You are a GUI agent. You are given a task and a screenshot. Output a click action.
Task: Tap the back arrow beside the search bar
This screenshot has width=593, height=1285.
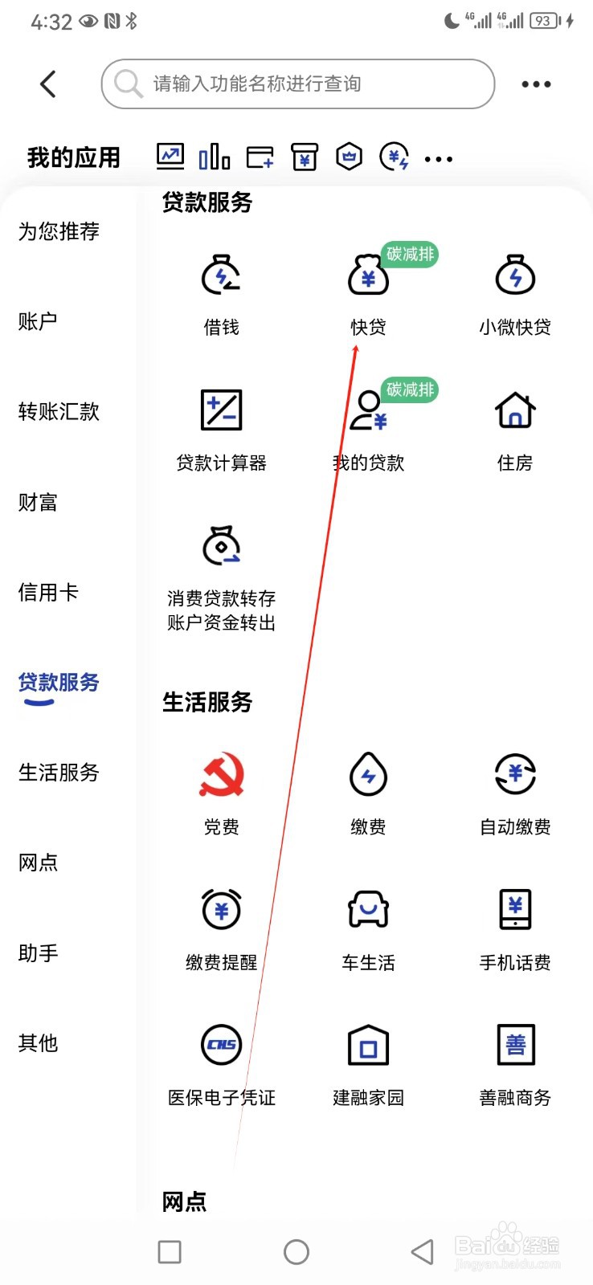(x=48, y=84)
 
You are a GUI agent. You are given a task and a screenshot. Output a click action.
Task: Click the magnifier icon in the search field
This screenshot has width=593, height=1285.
(x=128, y=83)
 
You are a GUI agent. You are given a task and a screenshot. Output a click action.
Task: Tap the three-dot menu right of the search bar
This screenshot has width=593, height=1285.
(x=536, y=84)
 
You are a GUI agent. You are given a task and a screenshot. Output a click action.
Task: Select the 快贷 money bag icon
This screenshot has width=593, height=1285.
(x=368, y=275)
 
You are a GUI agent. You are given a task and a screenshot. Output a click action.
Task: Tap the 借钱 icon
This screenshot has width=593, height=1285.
(x=221, y=275)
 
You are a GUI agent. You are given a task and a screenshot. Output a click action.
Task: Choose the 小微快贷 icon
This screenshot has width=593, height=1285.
(x=515, y=275)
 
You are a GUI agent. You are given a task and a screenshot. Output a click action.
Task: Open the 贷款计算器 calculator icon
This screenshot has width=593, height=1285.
(x=221, y=410)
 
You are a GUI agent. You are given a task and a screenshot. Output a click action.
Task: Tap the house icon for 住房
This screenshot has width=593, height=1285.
(x=515, y=410)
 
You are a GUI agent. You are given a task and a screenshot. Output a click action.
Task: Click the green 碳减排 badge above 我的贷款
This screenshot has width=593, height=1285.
(x=410, y=390)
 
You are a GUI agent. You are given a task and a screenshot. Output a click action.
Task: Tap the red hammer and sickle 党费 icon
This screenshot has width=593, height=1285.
(x=221, y=774)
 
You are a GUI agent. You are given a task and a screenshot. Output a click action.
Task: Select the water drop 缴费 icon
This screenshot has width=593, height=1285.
(x=368, y=774)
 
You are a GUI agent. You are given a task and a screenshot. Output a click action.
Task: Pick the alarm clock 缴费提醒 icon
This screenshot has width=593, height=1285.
(x=221, y=909)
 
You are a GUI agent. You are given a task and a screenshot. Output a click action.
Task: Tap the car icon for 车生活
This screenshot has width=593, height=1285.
(x=368, y=909)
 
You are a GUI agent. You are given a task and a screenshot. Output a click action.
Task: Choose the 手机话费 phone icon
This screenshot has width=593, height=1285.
(x=515, y=909)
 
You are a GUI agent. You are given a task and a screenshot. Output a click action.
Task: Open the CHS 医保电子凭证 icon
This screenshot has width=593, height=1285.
(x=221, y=1045)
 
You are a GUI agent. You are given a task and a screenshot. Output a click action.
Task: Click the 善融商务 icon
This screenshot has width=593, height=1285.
(x=515, y=1045)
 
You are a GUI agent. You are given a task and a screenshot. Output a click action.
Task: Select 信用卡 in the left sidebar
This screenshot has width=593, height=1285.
(x=48, y=593)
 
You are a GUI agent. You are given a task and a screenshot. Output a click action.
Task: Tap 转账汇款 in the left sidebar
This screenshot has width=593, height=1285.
(x=59, y=412)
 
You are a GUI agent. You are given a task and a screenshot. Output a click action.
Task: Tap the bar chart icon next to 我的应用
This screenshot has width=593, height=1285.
(x=215, y=157)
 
